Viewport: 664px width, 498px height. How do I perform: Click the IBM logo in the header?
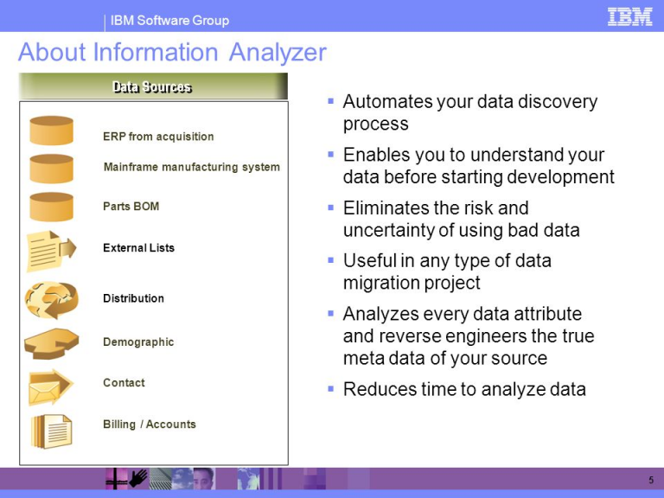click(x=629, y=17)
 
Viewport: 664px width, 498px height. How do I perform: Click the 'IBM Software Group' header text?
click(x=169, y=21)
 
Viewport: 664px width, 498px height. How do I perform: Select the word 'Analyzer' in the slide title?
click(x=278, y=53)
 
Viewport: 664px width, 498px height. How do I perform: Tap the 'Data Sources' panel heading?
click(x=152, y=86)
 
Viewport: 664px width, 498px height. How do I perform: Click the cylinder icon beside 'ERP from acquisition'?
click(x=51, y=131)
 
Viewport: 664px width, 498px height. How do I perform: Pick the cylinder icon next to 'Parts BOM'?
click(x=51, y=207)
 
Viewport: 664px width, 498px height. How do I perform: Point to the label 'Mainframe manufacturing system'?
click(x=192, y=167)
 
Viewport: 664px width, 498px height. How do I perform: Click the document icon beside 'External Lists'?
click(x=51, y=251)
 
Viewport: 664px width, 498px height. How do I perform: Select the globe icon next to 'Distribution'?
click(x=51, y=300)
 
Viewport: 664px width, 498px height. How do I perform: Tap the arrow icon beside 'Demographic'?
click(x=51, y=343)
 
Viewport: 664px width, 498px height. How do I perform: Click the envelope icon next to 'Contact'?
click(x=50, y=387)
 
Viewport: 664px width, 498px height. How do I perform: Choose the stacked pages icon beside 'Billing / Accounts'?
click(x=51, y=431)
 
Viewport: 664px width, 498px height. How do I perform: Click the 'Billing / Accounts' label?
click(x=150, y=425)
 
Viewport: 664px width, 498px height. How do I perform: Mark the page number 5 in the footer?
click(x=651, y=480)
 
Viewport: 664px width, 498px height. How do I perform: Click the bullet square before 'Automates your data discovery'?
click(x=331, y=101)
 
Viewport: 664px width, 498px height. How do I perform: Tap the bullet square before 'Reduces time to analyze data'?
click(x=331, y=388)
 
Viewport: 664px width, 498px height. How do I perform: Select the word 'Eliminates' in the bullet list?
click(x=384, y=207)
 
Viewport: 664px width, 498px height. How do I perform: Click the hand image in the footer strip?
click(x=138, y=478)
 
